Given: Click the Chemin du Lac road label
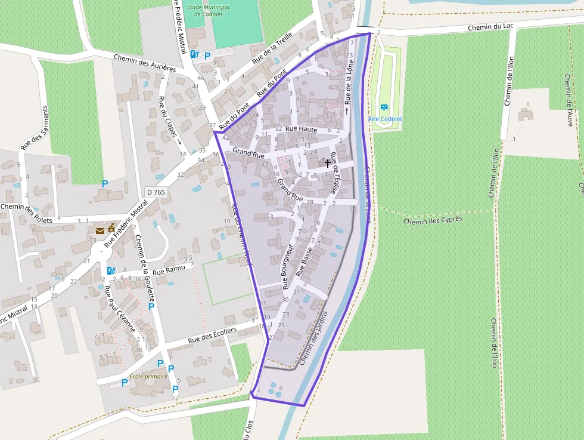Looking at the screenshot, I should pyautogui.click(x=490, y=27).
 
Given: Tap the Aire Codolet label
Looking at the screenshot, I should pyautogui.click(x=385, y=119).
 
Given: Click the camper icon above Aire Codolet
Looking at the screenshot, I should pyautogui.click(x=384, y=107).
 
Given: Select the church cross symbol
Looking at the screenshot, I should pyautogui.click(x=328, y=162).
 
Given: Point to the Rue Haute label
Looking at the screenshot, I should pyautogui.click(x=301, y=129).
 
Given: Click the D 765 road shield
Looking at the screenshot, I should pyautogui.click(x=156, y=192).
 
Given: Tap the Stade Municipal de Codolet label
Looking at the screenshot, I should pyautogui.click(x=208, y=10).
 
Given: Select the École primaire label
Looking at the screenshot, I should pyautogui.click(x=148, y=377).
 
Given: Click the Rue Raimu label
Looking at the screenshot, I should pyautogui.click(x=169, y=272).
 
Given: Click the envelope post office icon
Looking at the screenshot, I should pyautogui.click(x=100, y=230).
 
